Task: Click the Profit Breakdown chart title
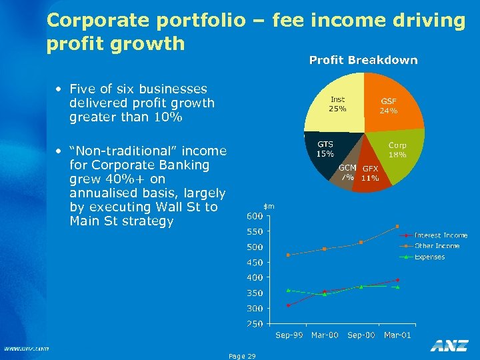coord(363,61)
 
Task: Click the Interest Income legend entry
coord(441,235)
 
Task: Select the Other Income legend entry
coord(437,246)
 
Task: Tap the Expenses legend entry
coord(429,257)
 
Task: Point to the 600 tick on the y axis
coord(255,216)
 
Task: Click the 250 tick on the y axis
coord(255,324)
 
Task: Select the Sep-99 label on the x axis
coord(289,335)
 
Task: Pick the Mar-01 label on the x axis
coord(397,335)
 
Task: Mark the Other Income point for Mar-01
coord(397,226)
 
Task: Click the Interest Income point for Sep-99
coord(288,305)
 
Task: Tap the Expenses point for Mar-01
coord(397,287)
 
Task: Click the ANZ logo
coord(449,345)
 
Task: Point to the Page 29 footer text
coord(241,356)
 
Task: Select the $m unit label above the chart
coord(269,207)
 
